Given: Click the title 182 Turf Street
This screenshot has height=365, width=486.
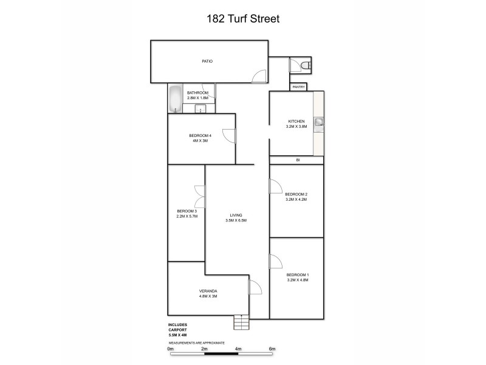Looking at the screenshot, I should pyautogui.click(x=242, y=19).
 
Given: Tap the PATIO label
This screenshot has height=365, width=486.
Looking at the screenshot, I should pyautogui.click(x=207, y=61).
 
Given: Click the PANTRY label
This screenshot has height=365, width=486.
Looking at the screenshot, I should pyautogui.click(x=298, y=87).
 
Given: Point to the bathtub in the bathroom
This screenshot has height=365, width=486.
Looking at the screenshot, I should pyautogui.click(x=175, y=99).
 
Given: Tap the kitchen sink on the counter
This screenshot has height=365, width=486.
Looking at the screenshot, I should pyautogui.click(x=318, y=122).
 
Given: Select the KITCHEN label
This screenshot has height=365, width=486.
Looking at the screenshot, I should pyautogui.click(x=296, y=122).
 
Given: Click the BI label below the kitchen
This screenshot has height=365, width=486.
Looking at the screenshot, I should pyautogui.click(x=298, y=160).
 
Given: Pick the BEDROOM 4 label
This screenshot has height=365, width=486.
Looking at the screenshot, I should pyautogui.click(x=200, y=135).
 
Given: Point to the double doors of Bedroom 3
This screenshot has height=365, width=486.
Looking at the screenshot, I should pyautogui.click(x=199, y=196).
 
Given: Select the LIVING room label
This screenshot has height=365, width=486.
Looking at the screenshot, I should pyautogui.click(x=236, y=215).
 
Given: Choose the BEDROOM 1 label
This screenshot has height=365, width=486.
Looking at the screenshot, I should pyautogui.click(x=298, y=274).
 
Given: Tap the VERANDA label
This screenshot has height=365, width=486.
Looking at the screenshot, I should pyautogui.click(x=208, y=291).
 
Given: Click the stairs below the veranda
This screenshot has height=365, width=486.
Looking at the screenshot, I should pyautogui.click(x=241, y=322).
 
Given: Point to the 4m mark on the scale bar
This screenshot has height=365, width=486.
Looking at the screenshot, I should pyautogui.click(x=238, y=349).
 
